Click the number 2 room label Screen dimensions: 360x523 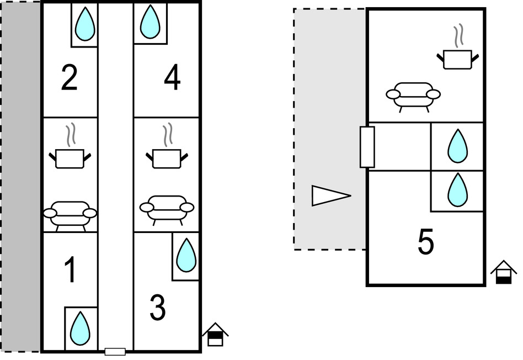(70, 79)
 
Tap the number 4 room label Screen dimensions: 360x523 (172, 79)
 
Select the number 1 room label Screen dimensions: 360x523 (70, 270)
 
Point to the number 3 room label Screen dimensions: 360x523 (158, 309)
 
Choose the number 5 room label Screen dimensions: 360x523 (425, 243)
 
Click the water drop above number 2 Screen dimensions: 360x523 (84, 24)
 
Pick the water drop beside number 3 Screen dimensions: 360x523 (186, 255)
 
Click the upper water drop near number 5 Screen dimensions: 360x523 (457, 146)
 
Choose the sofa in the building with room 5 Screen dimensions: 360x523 (414, 96)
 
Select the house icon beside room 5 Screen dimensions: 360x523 (504, 273)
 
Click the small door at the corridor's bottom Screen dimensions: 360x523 (115, 351)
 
